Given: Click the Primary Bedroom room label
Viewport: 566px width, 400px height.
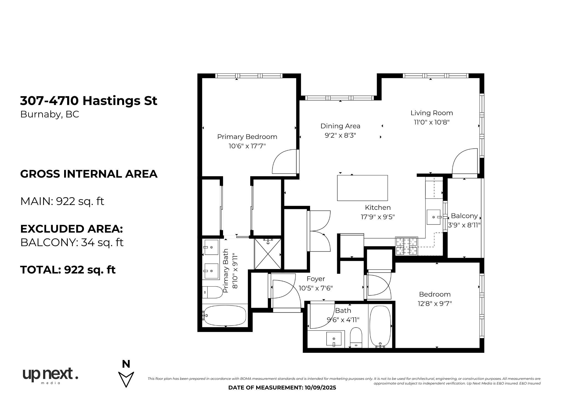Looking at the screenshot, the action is click(247, 137).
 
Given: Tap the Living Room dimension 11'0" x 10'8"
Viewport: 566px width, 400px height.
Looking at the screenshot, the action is click(432, 122).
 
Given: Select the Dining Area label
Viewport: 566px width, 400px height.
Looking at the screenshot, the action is click(340, 126).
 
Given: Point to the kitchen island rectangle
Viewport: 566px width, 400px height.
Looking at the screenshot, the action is click(362, 188).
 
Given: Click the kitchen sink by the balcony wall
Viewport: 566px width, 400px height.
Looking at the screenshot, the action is click(434, 217).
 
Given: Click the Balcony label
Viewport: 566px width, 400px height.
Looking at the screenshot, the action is click(464, 216).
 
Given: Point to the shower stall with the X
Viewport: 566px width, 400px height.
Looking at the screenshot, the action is click(268, 254).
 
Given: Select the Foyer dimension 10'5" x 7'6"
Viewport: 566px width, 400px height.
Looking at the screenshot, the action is click(316, 288).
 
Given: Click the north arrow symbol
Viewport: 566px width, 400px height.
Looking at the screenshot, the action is click(126, 379).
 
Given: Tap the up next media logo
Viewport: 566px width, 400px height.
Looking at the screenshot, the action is click(50, 376).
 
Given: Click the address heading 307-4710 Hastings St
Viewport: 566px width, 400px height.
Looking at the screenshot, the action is click(89, 101).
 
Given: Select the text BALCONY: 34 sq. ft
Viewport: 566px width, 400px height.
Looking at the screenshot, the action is click(72, 242).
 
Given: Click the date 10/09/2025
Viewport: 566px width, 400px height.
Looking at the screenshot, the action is click(320, 388).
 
